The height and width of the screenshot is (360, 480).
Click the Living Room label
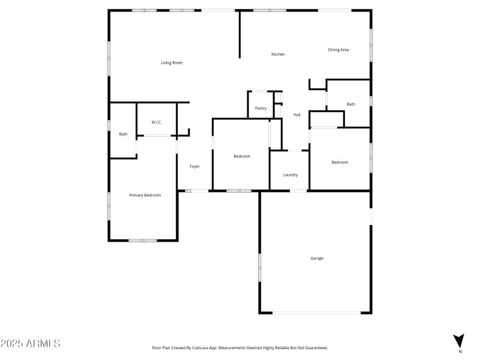[x=172, y=62]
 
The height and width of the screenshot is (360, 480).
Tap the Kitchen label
[x=278, y=55]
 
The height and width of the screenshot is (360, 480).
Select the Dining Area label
[x=338, y=50]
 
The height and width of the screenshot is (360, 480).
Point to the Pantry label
[x=260, y=109]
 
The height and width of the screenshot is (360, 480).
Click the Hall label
[x=296, y=115]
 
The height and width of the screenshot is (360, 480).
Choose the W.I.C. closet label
[x=157, y=122]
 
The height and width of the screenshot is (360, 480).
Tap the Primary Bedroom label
[x=145, y=195]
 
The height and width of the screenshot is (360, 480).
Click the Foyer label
[x=194, y=166]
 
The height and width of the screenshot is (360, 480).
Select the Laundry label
[x=290, y=175]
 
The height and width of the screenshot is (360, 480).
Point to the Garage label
[x=317, y=258]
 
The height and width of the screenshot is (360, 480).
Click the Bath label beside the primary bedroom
[x=123, y=134]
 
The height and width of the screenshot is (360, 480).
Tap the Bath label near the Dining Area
[x=350, y=104]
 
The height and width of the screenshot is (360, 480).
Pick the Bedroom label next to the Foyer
[x=242, y=156]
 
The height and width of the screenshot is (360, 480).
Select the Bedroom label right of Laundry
[x=340, y=162]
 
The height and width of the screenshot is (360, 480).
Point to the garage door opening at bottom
[x=317, y=313]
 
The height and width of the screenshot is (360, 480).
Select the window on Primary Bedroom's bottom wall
[x=143, y=241]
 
